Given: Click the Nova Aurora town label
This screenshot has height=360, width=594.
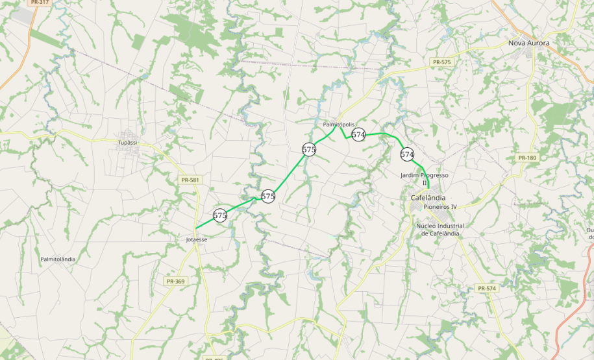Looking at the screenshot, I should [528, 43].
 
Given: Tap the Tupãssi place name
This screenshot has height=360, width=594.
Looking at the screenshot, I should [128, 142].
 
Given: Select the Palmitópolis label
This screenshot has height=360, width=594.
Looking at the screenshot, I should [338, 124].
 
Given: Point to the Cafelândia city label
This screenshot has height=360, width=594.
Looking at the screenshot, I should [428, 197].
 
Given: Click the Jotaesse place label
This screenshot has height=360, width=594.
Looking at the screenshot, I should [196, 239].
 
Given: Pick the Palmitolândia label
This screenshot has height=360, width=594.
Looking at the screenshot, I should [58, 259].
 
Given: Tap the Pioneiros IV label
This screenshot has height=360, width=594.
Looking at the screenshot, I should [440, 206].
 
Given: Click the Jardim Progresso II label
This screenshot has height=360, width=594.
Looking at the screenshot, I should [425, 179].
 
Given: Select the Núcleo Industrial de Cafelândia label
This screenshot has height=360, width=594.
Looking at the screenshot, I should [440, 230].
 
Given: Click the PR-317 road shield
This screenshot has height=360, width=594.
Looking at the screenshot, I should [40, 2].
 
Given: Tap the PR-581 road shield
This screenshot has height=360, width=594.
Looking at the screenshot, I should [190, 180].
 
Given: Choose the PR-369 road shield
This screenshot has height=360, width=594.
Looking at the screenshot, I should [175, 282].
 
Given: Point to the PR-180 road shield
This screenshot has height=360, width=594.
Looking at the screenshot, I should [527, 158].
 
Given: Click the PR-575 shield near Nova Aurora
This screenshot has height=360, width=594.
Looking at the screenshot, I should [441, 62].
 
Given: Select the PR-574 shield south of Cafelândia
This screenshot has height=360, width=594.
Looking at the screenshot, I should [486, 288].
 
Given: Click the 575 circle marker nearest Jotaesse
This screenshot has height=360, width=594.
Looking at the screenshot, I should [220, 215].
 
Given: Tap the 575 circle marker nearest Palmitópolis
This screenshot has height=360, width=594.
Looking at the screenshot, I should [309, 149].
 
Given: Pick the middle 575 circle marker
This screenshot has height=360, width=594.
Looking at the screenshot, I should [268, 196].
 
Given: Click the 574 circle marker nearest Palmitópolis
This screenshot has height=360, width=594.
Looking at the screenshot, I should [358, 134].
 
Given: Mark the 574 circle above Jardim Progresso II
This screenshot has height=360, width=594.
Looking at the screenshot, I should [407, 154].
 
